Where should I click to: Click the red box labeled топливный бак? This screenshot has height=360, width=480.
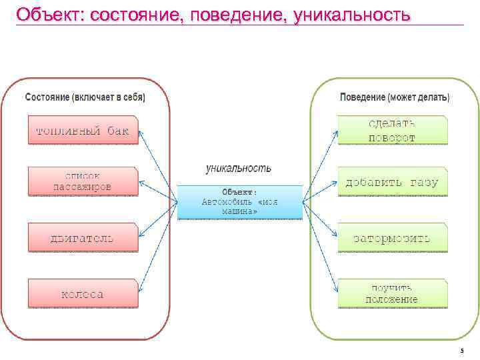point(83,131)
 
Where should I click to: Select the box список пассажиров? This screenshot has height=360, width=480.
point(83,181)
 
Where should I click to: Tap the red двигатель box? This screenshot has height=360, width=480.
point(83,237)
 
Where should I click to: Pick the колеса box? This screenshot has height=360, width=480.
point(83,294)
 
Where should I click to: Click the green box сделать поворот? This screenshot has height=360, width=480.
point(392,131)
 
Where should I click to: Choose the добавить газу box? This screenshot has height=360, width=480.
point(392,182)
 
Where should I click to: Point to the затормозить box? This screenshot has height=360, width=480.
point(392,237)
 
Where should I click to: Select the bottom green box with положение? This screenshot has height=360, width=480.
point(392,293)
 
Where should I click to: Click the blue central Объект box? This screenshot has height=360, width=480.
point(239,202)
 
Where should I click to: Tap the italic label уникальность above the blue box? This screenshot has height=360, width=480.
point(238,169)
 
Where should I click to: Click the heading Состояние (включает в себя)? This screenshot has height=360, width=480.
point(85,97)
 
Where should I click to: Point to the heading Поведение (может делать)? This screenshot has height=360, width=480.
point(395,97)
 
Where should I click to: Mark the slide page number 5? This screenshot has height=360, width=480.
point(461,351)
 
